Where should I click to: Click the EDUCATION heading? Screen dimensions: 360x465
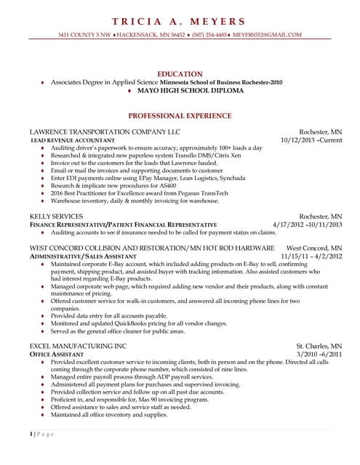tap(180, 74)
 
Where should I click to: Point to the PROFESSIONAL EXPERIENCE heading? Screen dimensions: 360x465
tap(180, 116)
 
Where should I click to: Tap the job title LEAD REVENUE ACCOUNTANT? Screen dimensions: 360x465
tap(72, 139)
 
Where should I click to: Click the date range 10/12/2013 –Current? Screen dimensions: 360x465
tap(311, 139)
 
